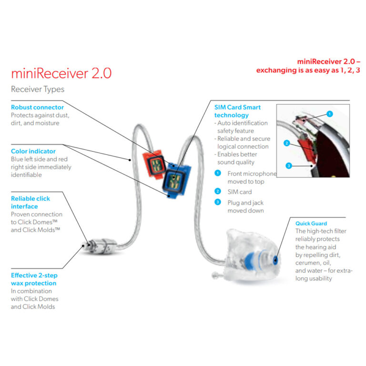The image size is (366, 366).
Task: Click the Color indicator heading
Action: [33, 151]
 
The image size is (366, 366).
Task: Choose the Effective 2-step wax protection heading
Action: [34, 279]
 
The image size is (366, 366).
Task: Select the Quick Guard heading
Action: [311, 223]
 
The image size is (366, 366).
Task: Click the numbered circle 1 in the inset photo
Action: [330, 114]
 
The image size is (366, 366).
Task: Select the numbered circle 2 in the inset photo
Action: [286, 142]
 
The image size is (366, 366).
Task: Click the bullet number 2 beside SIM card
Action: [218, 191]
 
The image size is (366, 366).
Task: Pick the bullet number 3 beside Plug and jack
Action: [218, 203]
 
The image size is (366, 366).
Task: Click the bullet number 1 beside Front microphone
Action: [218, 173]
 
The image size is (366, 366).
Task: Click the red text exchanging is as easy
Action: [308, 71]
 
